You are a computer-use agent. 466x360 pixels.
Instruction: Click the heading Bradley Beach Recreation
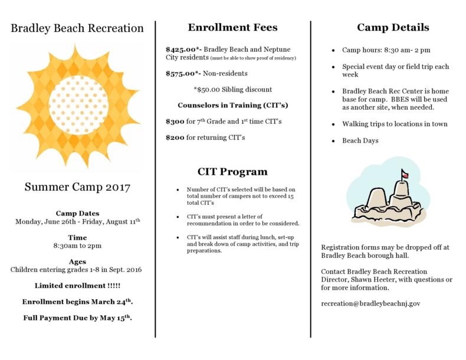pyautogui.click(x=77, y=28)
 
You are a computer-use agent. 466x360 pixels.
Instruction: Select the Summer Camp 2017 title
pyautogui.click(x=77, y=188)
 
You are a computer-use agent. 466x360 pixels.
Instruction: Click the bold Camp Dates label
pyautogui.click(x=77, y=213)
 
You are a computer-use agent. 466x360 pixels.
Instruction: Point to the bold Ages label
pyautogui.click(x=77, y=261)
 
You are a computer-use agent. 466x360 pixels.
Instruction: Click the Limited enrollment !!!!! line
pyautogui.click(x=77, y=285)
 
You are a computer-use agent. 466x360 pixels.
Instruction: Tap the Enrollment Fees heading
pyautogui.click(x=232, y=27)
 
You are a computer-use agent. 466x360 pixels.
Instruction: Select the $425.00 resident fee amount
pyautogui.click(x=183, y=50)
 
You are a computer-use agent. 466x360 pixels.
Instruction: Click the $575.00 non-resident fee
pyautogui.click(x=183, y=74)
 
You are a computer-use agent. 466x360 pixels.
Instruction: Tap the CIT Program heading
pyautogui.click(x=232, y=172)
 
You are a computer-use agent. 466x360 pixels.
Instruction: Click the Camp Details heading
pyautogui.click(x=393, y=27)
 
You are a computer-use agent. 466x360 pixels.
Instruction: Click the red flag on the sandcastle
pyautogui.click(x=404, y=174)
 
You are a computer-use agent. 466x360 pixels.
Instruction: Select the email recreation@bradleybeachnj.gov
pyautogui.click(x=370, y=303)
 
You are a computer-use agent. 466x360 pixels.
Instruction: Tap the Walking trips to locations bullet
pyautogui.click(x=395, y=125)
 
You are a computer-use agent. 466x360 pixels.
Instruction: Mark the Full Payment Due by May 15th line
pyautogui.click(x=77, y=318)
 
